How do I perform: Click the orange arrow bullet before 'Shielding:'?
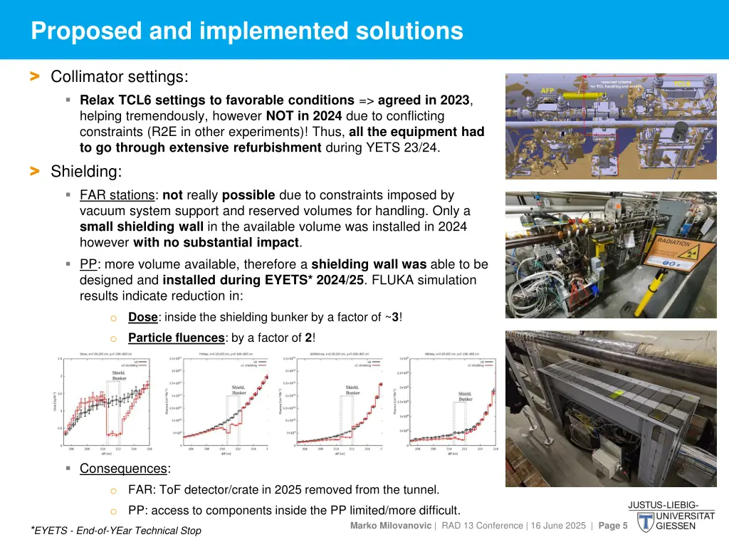[34, 171]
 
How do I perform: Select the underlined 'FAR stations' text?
[117, 195]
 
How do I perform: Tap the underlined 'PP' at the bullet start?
[88, 264]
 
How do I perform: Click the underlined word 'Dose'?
[142, 317]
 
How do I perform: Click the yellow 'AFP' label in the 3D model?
[547, 90]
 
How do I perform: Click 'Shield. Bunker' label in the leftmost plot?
[119, 376]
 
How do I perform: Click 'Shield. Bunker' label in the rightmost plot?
[465, 396]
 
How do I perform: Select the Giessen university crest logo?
[645, 522]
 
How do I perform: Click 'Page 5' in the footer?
[613, 526]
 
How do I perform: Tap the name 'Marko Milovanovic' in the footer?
[391, 526]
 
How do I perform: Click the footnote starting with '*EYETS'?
[115, 531]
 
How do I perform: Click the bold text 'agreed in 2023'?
[424, 100]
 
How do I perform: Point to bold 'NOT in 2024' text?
[303, 116]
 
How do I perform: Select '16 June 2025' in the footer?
[554, 526]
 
